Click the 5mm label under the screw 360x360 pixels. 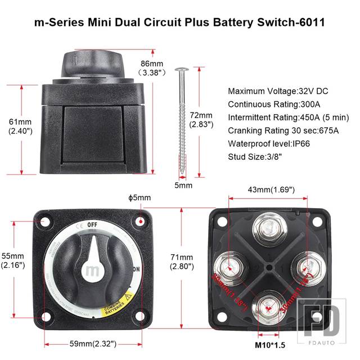183,185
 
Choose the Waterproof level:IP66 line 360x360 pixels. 270,143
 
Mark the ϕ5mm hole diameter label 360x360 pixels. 140,197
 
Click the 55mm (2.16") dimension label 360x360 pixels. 12,259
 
